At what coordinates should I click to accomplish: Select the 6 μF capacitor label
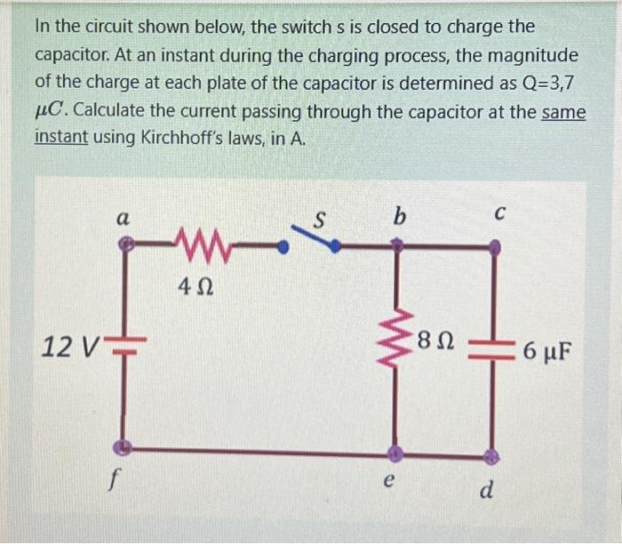pyautogui.click(x=547, y=349)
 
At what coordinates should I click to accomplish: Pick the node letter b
pyautogui.click(x=398, y=214)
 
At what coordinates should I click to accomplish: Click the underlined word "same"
pyautogui.click(x=563, y=113)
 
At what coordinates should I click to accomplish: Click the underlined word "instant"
pyautogui.click(x=60, y=139)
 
